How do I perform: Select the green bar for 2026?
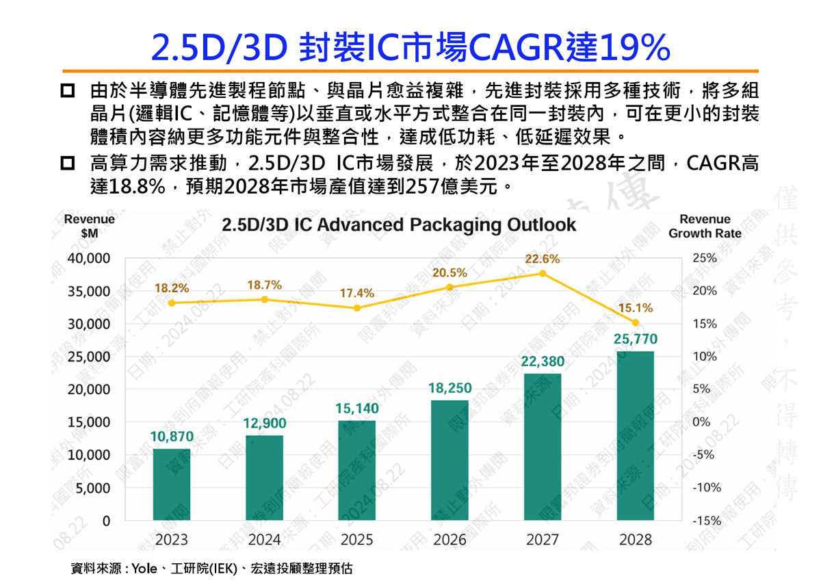click(x=449, y=460)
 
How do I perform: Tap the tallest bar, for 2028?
click(x=636, y=436)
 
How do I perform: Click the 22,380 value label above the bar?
click(x=543, y=361)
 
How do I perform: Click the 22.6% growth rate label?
click(x=543, y=259)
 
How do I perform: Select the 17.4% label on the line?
click(x=357, y=293)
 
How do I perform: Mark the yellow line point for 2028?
click(x=636, y=322)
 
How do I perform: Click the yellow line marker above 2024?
click(x=265, y=300)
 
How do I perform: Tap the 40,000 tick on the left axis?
click(x=89, y=259)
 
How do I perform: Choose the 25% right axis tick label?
click(x=705, y=259)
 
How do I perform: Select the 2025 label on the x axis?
click(x=357, y=540)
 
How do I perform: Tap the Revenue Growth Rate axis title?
click(x=705, y=227)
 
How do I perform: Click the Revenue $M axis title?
click(x=89, y=227)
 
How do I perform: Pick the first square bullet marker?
click(x=68, y=91)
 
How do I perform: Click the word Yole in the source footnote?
click(x=144, y=568)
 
